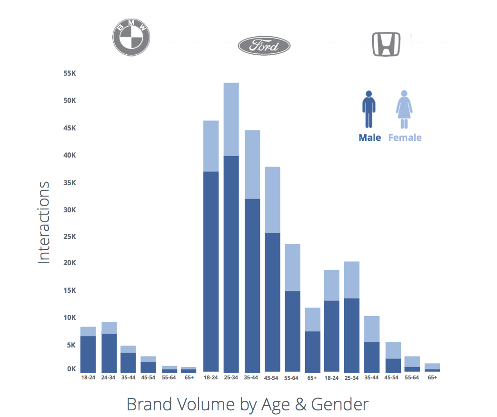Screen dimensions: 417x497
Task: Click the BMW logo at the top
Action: click(x=131, y=38)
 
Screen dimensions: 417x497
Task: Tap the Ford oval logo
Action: click(x=264, y=46)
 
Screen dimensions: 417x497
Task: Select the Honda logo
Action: click(x=386, y=44)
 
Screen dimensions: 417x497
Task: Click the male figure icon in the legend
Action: click(x=368, y=109)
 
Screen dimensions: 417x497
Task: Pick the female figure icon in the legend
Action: click(x=404, y=109)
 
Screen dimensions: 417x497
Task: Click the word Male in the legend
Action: click(x=370, y=138)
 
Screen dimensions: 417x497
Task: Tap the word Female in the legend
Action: click(x=405, y=138)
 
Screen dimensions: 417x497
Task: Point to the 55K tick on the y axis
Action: click(x=69, y=74)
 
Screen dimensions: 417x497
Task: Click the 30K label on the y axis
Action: click(x=69, y=210)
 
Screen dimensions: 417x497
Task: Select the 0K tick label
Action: click(x=71, y=369)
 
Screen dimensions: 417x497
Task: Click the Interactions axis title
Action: click(x=44, y=222)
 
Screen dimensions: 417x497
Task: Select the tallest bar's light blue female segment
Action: click(x=231, y=119)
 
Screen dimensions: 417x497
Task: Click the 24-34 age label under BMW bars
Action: click(x=109, y=378)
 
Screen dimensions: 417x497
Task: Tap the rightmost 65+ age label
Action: click(x=432, y=378)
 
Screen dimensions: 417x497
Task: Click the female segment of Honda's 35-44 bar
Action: click(x=372, y=328)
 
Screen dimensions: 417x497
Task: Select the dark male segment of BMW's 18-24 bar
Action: click(x=88, y=354)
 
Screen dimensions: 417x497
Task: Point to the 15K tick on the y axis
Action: click(x=69, y=291)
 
